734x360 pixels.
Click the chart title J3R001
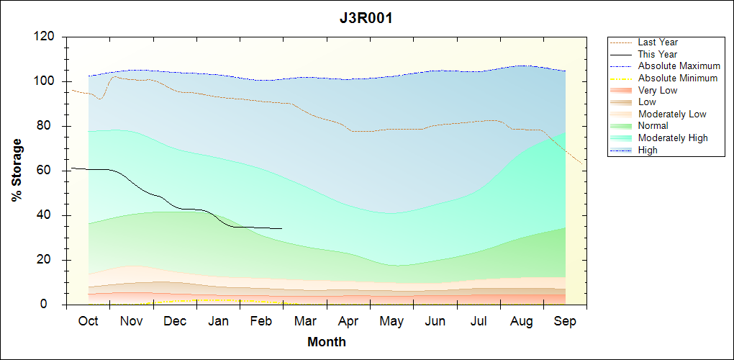pos(366,19)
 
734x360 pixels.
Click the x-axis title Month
pos(327,342)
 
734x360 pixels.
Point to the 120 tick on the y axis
pos(45,37)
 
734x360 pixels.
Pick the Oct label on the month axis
pos(89,321)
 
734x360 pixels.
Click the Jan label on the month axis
pos(219,321)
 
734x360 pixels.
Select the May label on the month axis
pos(391,321)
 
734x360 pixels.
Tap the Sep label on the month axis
pos(565,321)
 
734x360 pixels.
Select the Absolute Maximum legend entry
pos(679,66)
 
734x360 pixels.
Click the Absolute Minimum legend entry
pos(678,78)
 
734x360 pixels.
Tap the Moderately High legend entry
pos(673,138)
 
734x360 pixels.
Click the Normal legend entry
pos(653,126)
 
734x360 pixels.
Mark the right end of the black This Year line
pos(281,228)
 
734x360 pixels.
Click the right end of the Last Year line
pos(582,164)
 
